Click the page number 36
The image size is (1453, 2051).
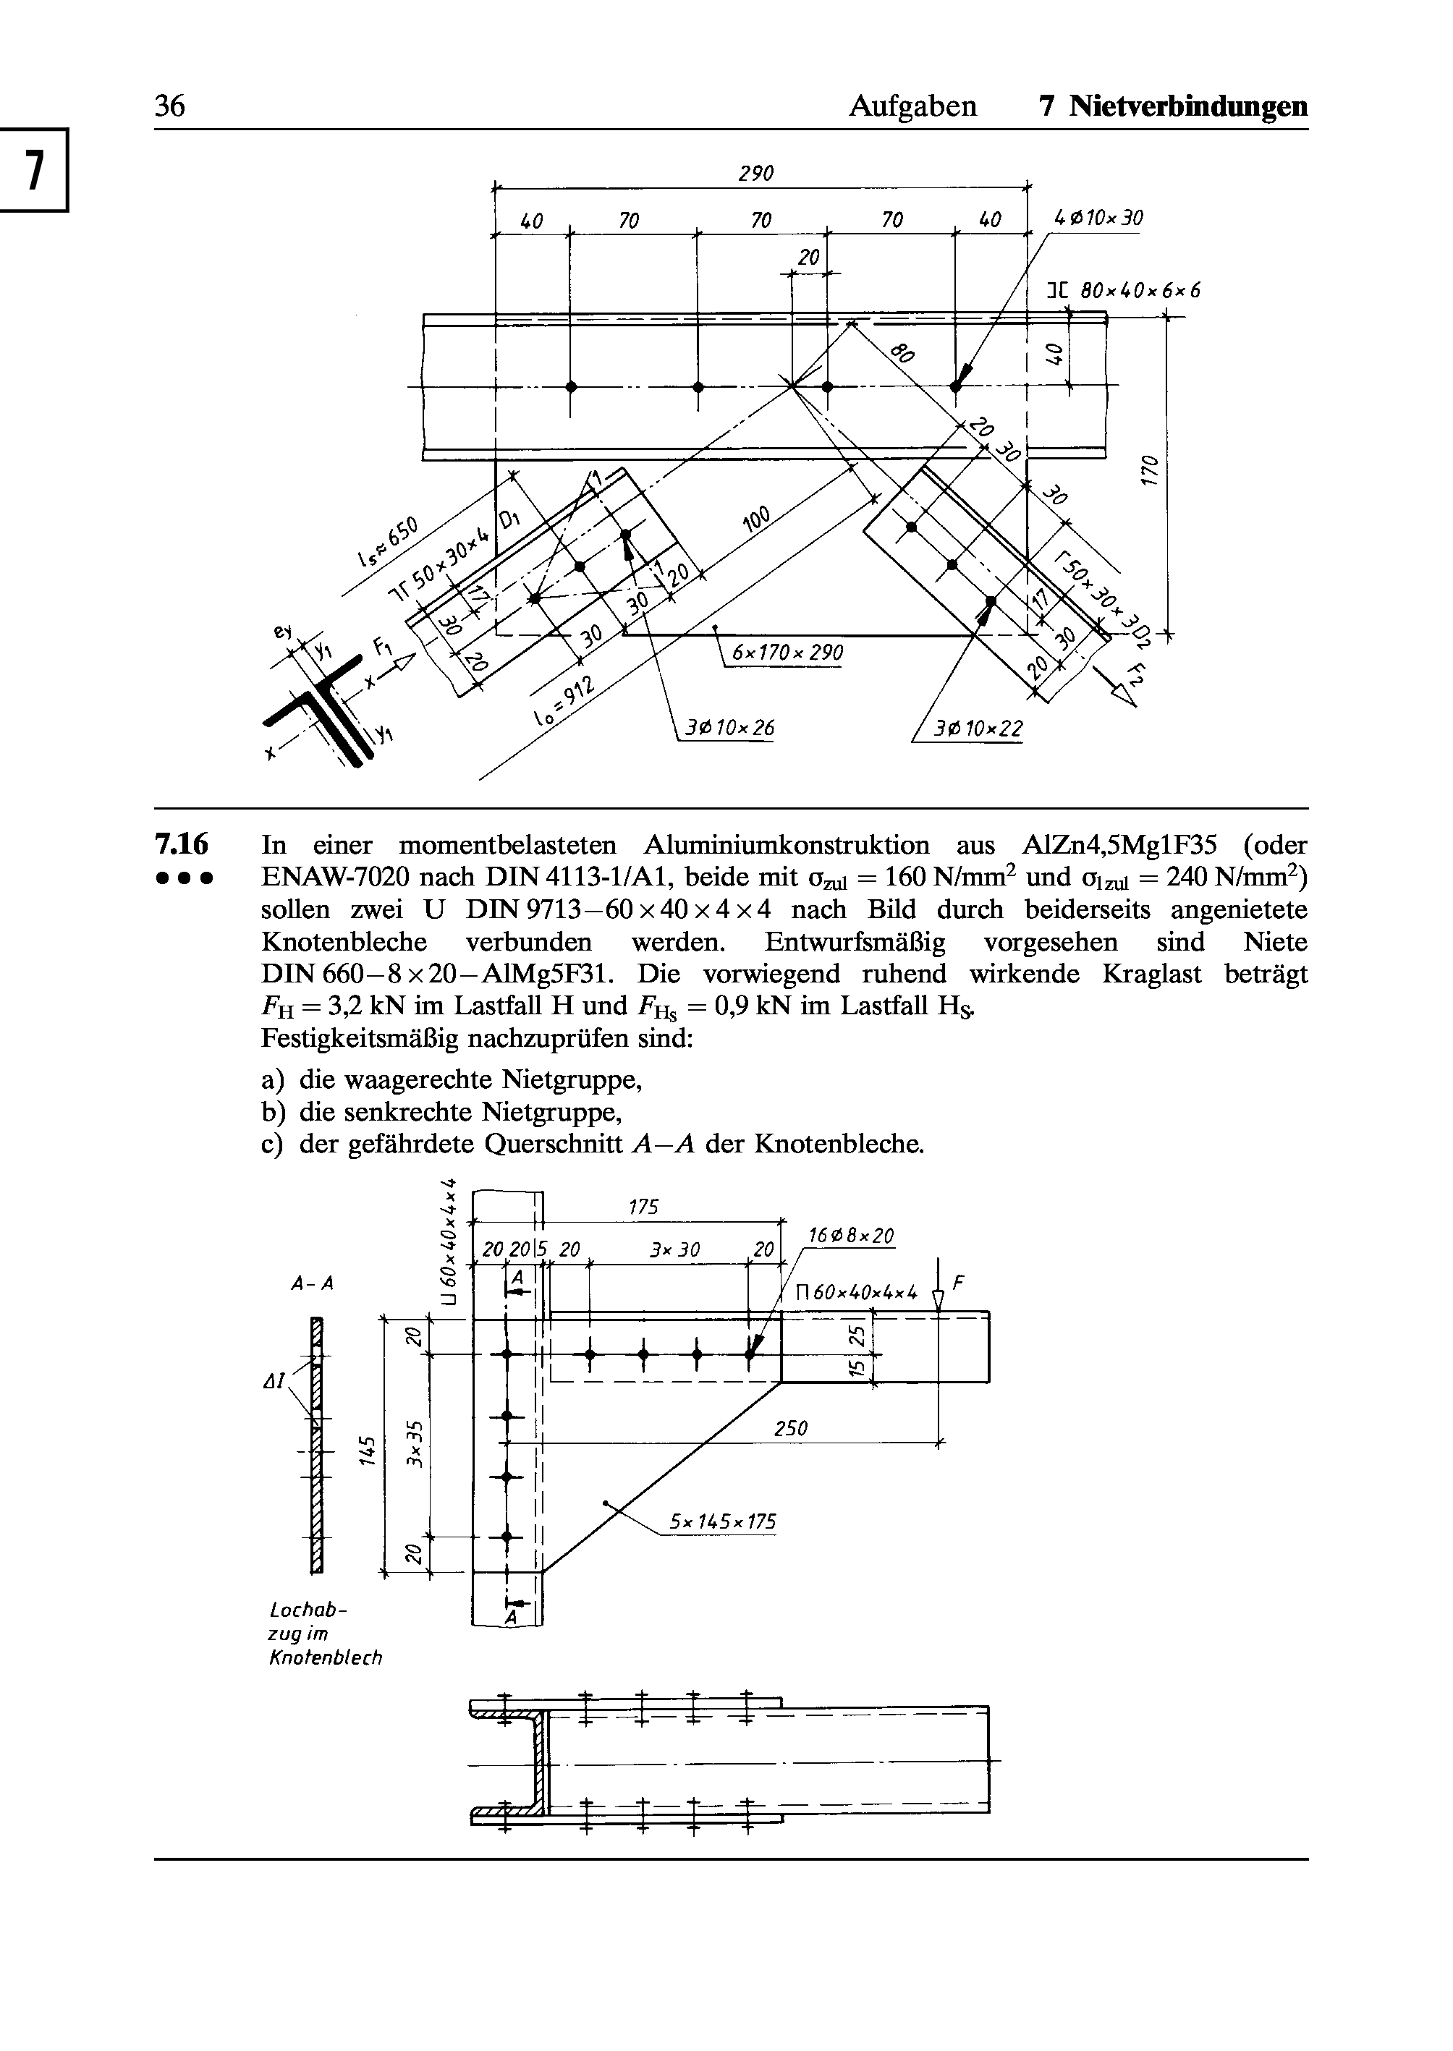tap(170, 106)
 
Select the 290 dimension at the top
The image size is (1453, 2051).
tap(755, 173)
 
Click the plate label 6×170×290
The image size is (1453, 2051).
tap(787, 653)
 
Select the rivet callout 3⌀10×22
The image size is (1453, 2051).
tap(978, 730)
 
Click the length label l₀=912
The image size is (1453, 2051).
tap(563, 703)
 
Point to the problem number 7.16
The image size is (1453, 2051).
tap(182, 843)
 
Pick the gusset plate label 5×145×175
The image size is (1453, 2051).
tap(724, 1521)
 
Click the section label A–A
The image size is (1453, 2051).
tap(313, 1283)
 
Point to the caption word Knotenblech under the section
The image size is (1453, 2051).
tap(326, 1657)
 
